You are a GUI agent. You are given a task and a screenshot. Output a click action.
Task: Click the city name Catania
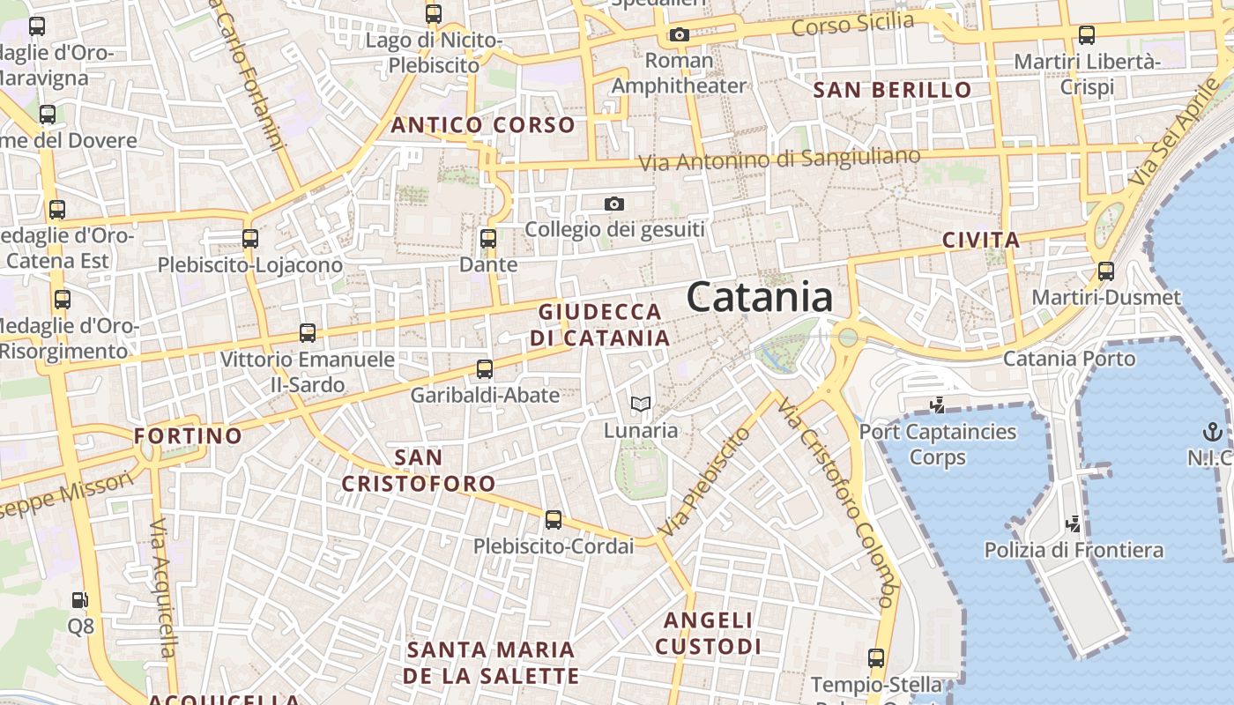[759, 297]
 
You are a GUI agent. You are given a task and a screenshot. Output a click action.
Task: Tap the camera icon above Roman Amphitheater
[679, 35]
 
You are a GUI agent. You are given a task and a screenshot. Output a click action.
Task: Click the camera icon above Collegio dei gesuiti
[614, 204]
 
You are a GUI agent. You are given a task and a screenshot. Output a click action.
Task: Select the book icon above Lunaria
[641, 404]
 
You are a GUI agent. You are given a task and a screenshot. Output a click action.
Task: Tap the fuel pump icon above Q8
[80, 600]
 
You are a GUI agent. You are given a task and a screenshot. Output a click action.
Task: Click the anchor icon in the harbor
[1212, 432]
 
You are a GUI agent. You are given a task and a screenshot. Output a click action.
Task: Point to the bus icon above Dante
[488, 238]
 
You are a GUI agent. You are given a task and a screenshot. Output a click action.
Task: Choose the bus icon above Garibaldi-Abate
[485, 369]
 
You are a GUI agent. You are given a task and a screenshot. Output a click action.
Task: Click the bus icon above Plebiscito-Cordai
[554, 520]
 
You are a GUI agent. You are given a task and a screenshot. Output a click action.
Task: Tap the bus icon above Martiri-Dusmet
[1106, 271]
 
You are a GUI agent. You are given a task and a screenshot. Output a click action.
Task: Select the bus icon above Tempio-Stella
[875, 657]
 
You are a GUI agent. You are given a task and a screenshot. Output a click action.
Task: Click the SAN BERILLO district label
[892, 90]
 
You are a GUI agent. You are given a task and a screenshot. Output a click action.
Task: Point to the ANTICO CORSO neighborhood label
[482, 125]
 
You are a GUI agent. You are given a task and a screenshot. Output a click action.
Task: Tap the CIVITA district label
[981, 240]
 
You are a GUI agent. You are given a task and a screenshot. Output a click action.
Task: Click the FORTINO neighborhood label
[188, 435]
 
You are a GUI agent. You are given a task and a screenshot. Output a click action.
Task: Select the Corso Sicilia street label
[852, 25]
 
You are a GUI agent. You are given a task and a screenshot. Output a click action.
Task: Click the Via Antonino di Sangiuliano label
[779, 160]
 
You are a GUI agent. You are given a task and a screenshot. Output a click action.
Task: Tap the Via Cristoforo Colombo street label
[836, 502]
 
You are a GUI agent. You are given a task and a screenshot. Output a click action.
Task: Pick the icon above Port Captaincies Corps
[938, 405]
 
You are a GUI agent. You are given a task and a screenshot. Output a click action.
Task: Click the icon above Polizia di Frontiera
[1074, 523]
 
